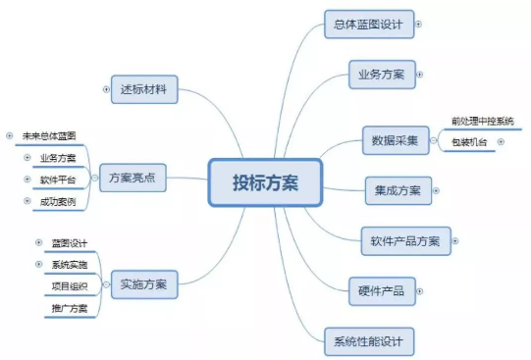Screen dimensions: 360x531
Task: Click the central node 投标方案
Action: coord(265,182)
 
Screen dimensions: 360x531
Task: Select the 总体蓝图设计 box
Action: coord(368,25)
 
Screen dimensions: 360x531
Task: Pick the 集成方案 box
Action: coord(397,189)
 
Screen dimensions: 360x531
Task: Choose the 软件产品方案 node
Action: coord(404,239)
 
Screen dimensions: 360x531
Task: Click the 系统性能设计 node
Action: coord(369,341)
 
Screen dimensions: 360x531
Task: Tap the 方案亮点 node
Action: coord(133,178)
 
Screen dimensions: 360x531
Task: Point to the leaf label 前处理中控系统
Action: coord(482,121)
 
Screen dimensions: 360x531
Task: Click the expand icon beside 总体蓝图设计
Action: coord(419,25)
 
